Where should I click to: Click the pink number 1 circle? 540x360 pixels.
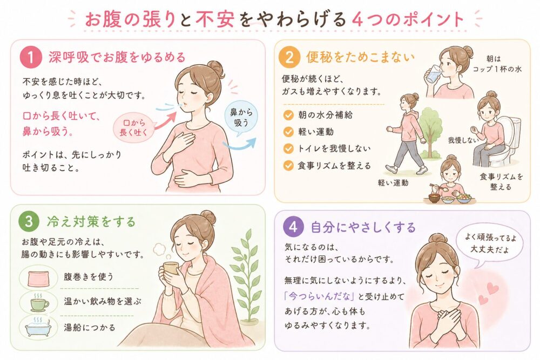point(30,57)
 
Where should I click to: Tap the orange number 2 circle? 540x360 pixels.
point(289,57)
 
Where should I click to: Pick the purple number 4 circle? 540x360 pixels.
point(293,227)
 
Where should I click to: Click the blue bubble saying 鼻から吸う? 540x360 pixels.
point(241,117)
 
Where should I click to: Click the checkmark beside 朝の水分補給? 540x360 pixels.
point(288,114)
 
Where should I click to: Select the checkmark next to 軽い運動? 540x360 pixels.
point(288,132)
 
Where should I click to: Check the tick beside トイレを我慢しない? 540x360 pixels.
point(288,148)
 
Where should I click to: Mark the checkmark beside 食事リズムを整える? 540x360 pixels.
point(288,166)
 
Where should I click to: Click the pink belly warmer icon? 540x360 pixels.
point(38,277)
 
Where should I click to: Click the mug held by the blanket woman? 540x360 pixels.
point(171,269)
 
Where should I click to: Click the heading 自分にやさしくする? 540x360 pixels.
point(363,227)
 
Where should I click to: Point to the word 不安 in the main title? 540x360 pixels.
point(215,19)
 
